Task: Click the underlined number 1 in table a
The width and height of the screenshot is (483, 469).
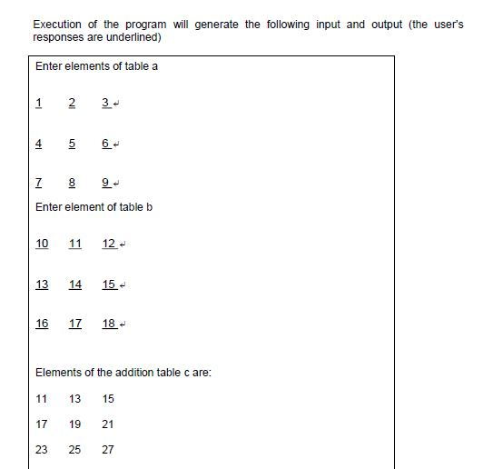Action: [x=39, y=103]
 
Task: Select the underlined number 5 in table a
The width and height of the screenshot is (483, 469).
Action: [x=72, y=144]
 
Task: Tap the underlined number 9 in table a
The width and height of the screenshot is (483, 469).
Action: [x=106, y=183]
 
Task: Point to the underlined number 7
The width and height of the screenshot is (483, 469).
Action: [x=39, y=183]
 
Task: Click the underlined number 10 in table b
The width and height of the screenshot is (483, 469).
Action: [x=42, y=244]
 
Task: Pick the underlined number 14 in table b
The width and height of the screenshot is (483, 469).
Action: [x=75, y=284]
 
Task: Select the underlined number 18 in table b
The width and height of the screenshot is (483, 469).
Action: [x=109, y=324]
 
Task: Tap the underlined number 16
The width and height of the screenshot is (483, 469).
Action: [x=42, y=324]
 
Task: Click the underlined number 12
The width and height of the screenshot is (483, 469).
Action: [x=109, y=244]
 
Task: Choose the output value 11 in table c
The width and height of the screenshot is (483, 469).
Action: [x=42, y=399]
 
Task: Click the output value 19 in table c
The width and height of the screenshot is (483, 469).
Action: [x=75, y=424]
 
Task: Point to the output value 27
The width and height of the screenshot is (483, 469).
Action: [x=108, y=450]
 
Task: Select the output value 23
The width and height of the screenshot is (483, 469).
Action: [x=42, y=450]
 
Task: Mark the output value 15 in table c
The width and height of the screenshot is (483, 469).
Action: [x=108, y=399]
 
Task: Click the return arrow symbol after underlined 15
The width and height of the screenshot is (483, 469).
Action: [x=122, y=285]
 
